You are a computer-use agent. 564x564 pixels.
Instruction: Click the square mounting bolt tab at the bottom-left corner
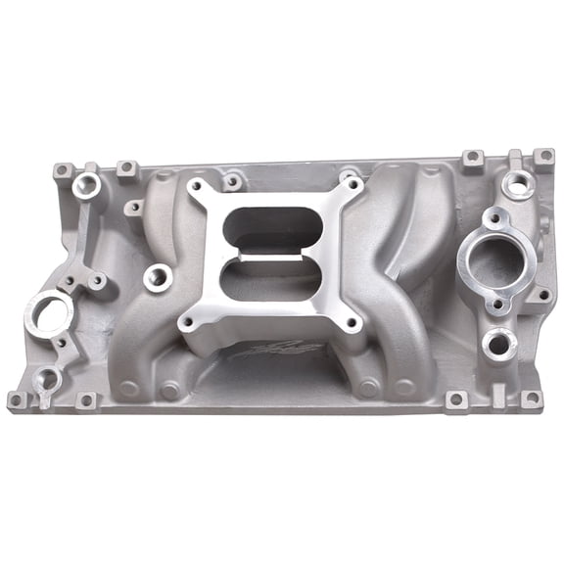(x=17, y=399)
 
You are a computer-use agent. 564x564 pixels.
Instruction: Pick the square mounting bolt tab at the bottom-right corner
(x=530, y=399)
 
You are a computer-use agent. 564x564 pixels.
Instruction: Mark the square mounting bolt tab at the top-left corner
(x=61, y=170)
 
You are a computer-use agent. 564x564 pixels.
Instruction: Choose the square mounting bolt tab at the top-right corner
(x=542, y=157)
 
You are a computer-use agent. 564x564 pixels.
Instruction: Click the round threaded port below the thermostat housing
(x=498, y=343)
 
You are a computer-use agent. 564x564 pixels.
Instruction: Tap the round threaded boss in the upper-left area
(x=87, y=184)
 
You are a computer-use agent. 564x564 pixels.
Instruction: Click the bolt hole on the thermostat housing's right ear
(x=541, y=295)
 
